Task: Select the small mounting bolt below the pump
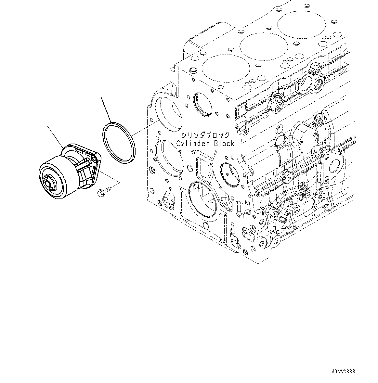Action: coord(103,192)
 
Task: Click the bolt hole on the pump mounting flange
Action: coord(94,158)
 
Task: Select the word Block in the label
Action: coord(224,143)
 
